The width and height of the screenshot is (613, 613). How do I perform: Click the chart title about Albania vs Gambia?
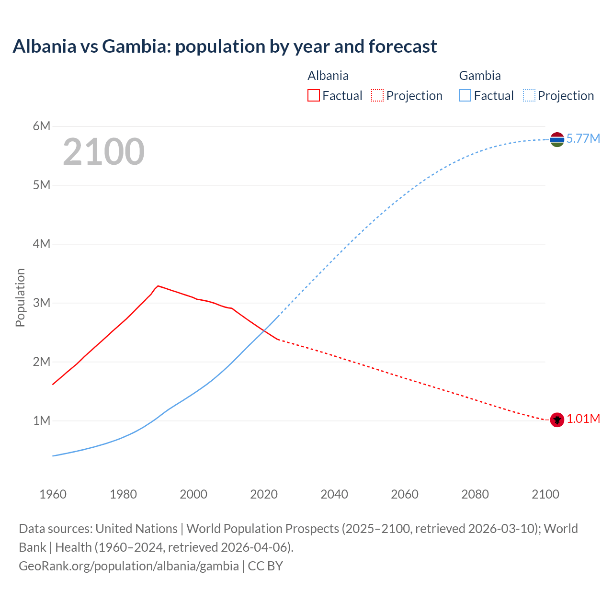click(225, 46)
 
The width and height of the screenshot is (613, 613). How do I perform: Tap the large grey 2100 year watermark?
click(103, 152)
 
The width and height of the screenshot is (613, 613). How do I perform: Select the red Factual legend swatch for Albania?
click(313, 95)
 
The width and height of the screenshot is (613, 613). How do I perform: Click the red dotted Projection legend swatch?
click(377, 95)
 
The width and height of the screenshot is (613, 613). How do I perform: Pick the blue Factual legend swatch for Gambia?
click(465, 95)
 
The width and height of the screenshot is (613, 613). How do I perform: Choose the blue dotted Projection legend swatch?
click(529, 95)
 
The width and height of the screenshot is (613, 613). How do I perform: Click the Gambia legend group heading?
click(479, 76)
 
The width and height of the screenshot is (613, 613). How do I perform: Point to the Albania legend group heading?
click(328, 76)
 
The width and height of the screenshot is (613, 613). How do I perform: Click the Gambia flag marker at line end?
click(556, 139)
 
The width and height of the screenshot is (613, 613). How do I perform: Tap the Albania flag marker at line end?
click(556, 420)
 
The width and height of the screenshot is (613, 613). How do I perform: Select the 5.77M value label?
click(583, 139)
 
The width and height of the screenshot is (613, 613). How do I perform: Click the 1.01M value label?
click(583, 419)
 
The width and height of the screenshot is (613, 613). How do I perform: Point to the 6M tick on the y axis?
click(42, 126)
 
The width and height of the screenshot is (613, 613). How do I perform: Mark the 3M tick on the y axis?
click(42, 303)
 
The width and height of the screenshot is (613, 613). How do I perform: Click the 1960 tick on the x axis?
click(53, 494)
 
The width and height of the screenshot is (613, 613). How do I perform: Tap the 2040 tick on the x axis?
click(334, 494)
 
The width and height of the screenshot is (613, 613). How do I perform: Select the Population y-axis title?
click(20, 297)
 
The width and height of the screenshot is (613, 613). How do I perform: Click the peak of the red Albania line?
click(158, 286)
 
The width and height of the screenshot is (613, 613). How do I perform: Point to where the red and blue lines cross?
click(264, 330)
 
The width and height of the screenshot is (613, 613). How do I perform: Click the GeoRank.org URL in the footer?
click(128, 566)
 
